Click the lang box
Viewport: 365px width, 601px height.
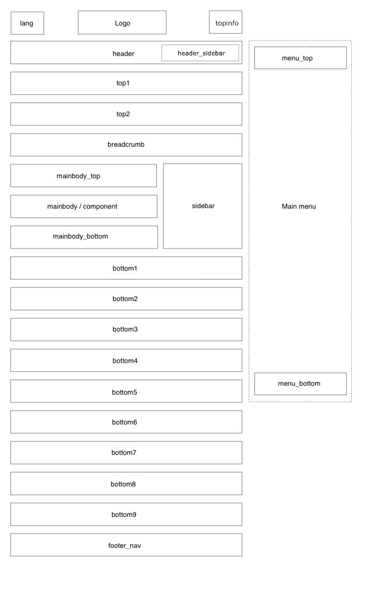(27, 23)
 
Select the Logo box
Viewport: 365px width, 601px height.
(122, 23)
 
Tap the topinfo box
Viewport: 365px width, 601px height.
(225, 23)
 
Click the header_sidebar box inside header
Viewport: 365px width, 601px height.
(201, 53)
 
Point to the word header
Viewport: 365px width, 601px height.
(124, 54)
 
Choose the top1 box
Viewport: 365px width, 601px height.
(126, 83)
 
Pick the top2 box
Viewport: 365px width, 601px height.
(126, 114)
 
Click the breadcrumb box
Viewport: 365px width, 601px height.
(126, 144)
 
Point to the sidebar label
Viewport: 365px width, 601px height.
(203, 206)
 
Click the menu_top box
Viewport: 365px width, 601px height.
(300, 58)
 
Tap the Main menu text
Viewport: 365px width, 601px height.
(299, 206)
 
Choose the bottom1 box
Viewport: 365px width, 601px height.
(126, 268)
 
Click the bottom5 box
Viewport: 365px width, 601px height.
(126, 391)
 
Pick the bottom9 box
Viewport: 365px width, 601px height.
(126, 514)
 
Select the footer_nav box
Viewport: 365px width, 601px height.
(126, 545)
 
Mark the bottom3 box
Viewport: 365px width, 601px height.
(126, 329)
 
